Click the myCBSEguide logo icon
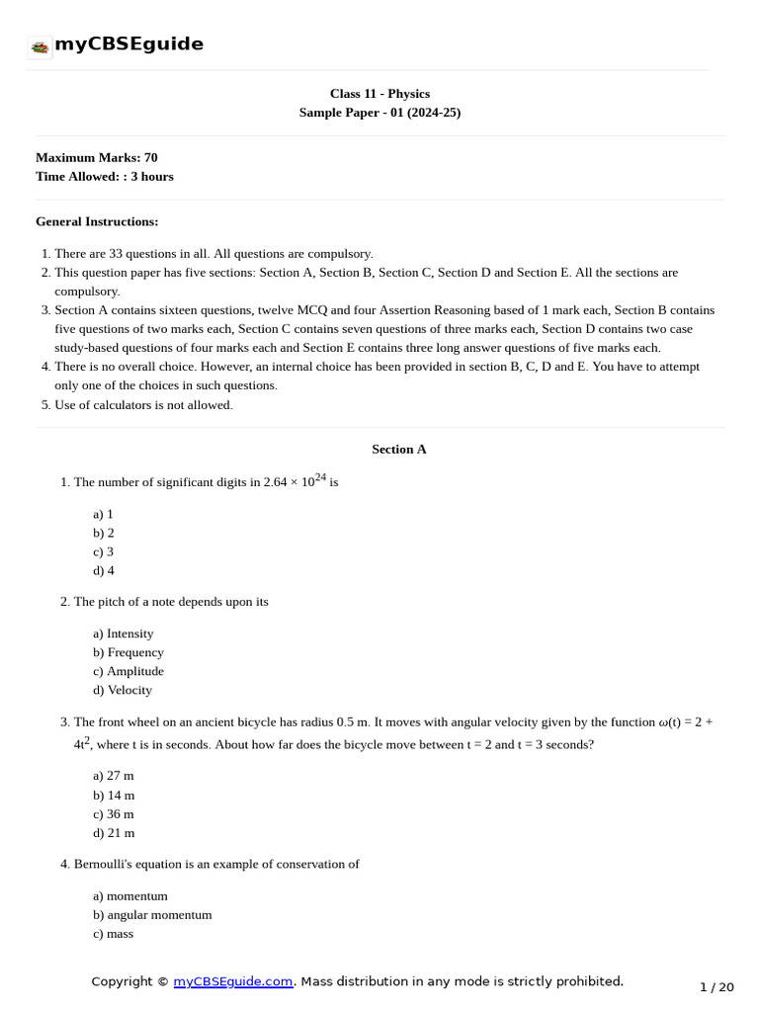point(40,46)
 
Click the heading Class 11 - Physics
point(379,94)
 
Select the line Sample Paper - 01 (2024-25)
point(379,113)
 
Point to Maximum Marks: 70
point(96,157)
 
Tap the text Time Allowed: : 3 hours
point(104,176)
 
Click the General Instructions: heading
point(97,221)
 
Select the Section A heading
point(398,449)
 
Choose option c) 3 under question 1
point(104,551)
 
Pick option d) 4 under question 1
point(104,570)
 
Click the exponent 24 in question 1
point(320,477)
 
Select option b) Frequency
point(128,652)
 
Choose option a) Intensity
point(124,633)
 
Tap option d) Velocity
point(123,690)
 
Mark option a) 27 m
point(114,776)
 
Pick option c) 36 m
point(114,813)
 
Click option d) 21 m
point(114,832)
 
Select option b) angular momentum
point(152,915)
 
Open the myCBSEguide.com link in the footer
point(233,981)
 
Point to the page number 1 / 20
point(717,987)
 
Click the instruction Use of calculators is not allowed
point(143,405)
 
